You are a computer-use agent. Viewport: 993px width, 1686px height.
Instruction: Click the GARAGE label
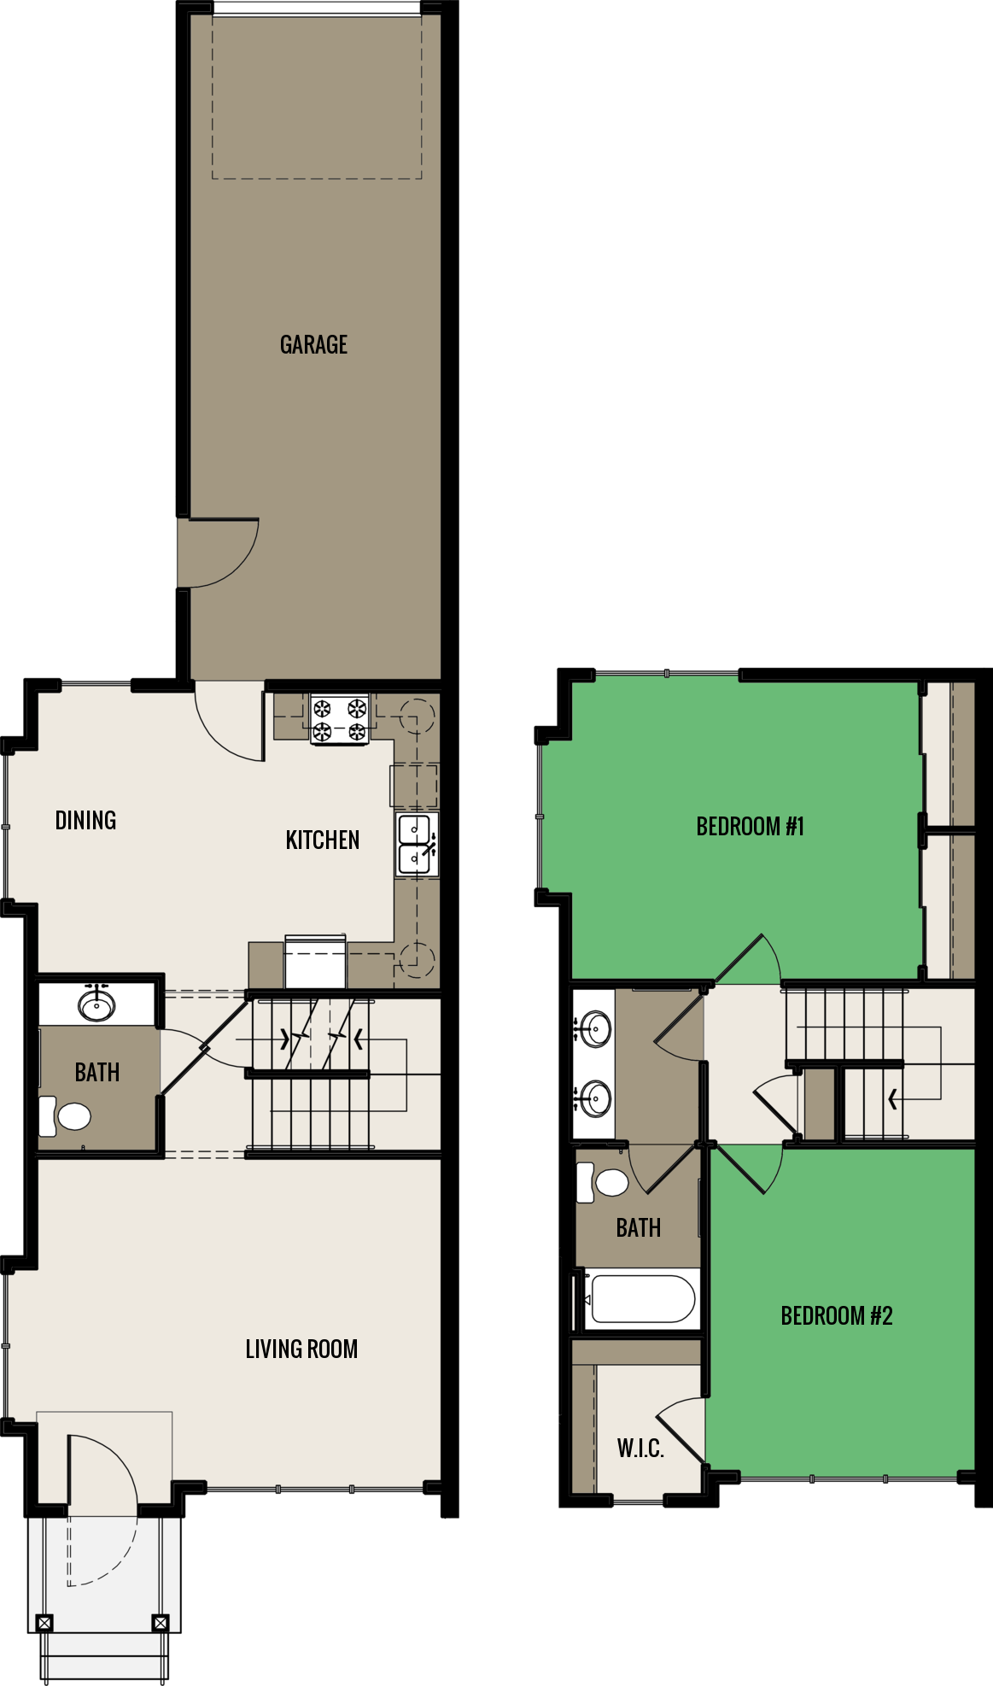[x=313, y=344]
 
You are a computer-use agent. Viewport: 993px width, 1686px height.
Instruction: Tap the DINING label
[x=85, y=821]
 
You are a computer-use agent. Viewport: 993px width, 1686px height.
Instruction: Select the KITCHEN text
[x=322, y=840]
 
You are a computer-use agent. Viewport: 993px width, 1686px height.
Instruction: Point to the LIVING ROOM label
[x=301, y=1349]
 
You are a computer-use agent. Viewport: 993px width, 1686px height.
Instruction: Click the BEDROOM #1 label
[x=750, y=827]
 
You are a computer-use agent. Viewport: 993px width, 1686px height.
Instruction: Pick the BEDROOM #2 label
[x=836, y=1316]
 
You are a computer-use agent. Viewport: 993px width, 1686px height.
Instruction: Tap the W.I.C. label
[x=640, y=1448]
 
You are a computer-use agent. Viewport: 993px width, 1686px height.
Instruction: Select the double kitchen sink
[x=416, y=844]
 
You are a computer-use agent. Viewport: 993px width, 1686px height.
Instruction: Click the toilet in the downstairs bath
[x=66, y=1116]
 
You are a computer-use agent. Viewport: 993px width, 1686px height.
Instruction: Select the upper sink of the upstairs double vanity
[x=594, y=1028]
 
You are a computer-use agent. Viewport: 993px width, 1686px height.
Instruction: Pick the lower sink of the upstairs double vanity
[x=594, y=1098]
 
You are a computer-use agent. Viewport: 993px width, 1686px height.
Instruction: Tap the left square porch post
[x=44, y=1623]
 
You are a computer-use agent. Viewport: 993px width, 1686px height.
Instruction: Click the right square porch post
[x=160, y=1623]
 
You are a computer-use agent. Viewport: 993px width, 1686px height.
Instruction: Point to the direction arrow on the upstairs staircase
[x=893, y=1099]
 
